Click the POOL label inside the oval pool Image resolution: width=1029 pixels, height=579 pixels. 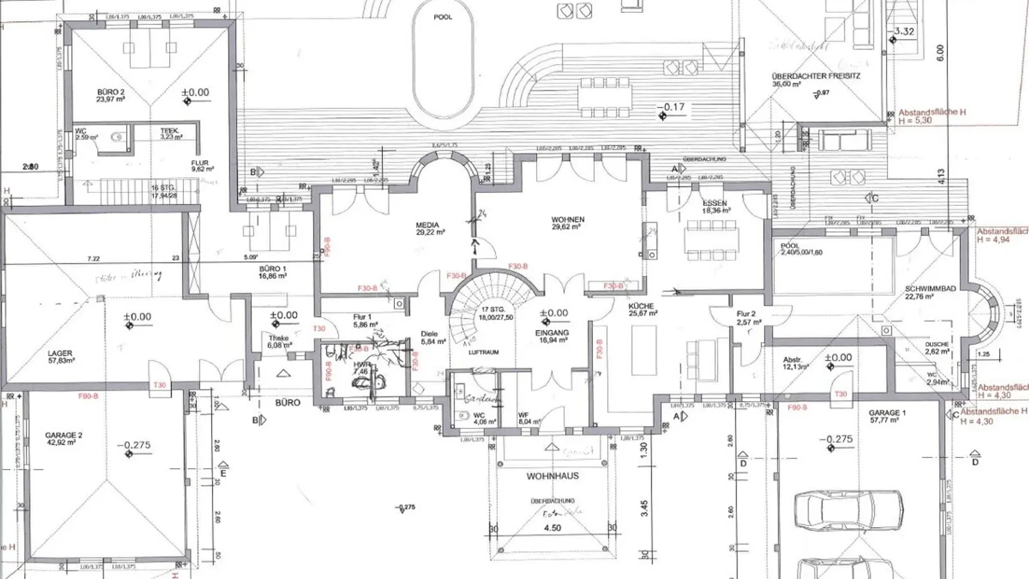click(442, 17)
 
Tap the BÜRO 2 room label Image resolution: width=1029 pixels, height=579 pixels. click(111, 93)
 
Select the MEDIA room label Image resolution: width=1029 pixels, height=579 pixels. click(428, 225)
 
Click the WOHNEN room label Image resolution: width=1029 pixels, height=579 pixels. click(567, 220)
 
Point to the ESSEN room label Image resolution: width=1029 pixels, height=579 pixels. click(715, 203)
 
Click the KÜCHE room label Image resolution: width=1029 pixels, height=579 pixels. click(641, 307)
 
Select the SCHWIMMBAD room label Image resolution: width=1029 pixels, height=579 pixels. click(930, 289)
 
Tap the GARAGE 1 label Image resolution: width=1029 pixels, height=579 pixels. click(887, 413)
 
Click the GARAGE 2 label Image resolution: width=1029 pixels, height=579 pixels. click(64, 436)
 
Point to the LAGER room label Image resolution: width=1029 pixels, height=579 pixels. click(60, 354)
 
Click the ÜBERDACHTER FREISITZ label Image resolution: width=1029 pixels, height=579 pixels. click(815, 76)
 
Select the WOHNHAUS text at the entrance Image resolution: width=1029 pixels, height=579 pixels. click(552, 476)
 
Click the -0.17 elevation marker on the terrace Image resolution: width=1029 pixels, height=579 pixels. click(674, 107)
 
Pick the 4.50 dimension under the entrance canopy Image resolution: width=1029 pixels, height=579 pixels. click(552, 528)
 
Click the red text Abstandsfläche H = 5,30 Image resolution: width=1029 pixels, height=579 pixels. click(931, 116)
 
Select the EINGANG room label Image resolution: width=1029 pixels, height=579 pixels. click(552, 333)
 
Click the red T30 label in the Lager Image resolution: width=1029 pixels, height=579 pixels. click(159, 385)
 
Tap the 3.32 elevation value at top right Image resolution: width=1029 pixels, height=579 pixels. click(904, 31)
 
